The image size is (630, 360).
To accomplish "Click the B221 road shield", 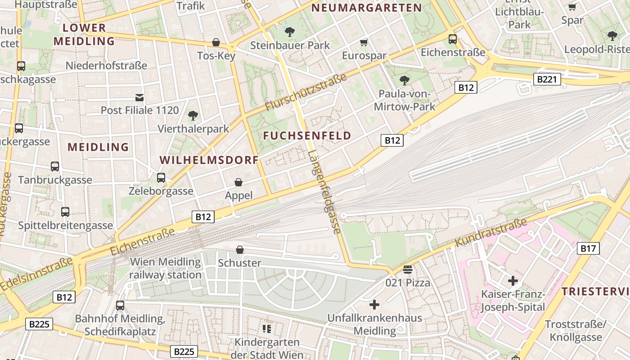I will point(547,80).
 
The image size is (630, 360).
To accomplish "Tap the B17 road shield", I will point(588,248).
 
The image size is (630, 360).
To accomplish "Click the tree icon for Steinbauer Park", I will point(290,32).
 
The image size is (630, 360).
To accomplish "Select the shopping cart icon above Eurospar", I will point(364,43).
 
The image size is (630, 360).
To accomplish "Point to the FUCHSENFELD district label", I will point(307,135).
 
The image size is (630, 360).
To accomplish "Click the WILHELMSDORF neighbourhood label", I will point(209,160).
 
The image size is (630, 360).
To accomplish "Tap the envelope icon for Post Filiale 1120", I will point(139,97).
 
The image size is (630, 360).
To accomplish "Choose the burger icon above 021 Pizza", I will point(408,270).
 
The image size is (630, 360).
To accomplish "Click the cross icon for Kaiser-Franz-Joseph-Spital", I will point(513,281).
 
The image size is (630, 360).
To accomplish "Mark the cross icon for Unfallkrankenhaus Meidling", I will point(374,305).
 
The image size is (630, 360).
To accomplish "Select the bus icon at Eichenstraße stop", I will point(453,39).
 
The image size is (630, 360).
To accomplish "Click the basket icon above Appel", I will point(238,182).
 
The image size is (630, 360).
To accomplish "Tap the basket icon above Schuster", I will point(240,249).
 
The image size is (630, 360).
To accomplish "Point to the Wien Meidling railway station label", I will point(165,268).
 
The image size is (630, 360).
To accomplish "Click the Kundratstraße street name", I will point(490,233).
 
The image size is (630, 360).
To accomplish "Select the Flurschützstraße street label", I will point(306,92).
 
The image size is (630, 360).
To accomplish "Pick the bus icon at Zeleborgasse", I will point(161,178).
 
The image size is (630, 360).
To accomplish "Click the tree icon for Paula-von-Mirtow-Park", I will point(404,81).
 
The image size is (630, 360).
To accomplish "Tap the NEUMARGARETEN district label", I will point(366,8).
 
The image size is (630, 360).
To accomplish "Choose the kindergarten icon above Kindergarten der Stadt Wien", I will point(267,329).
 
